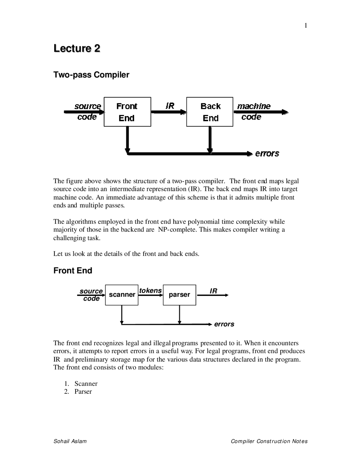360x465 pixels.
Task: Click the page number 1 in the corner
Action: tap(306, 26)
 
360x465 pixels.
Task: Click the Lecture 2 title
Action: tap(77, 48)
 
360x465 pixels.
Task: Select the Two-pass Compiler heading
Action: tap(91, 75)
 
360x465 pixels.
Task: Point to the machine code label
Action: tap(254, 111)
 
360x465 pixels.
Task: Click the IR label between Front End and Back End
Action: tap(170, 106)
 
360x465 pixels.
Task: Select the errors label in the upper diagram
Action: tap(267, 153)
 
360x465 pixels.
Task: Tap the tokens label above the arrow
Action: tap(150, 290)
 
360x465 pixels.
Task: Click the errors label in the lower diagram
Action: tap(224, 324)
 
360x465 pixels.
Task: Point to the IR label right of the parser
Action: tap(213, 291)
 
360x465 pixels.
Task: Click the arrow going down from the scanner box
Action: tap(122, 315)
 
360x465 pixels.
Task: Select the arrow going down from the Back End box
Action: tap(210, 140)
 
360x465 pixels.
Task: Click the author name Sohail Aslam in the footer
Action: tap(70, 441)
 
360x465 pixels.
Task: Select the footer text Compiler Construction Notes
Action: tap(269, 441)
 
